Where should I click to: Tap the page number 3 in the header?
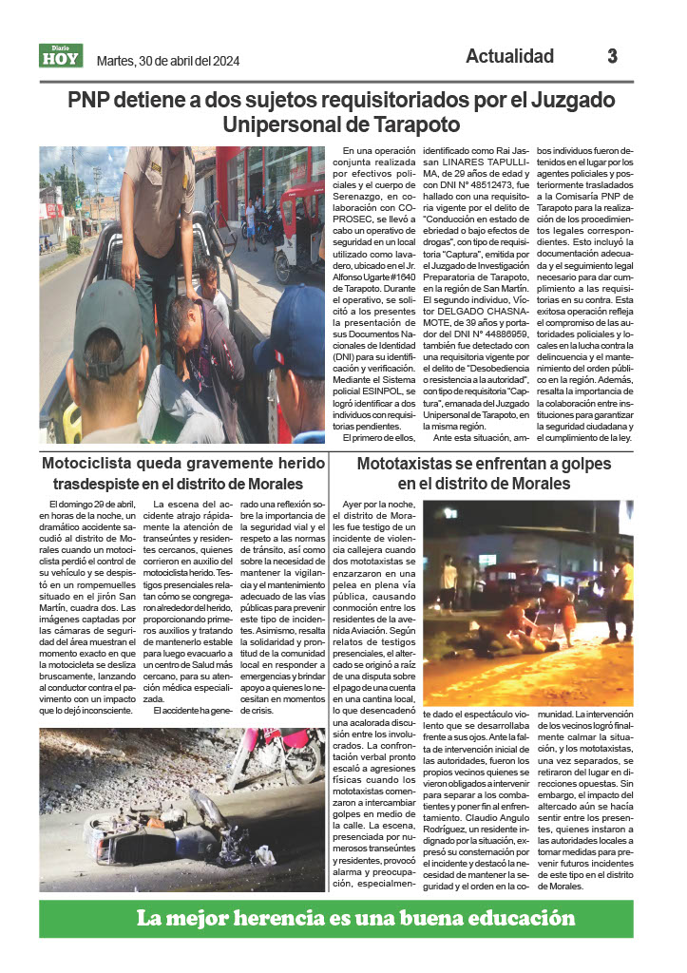tap(613, 56)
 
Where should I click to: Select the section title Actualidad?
tap(509, 56)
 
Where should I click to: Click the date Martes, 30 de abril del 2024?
tap(168, 62)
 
